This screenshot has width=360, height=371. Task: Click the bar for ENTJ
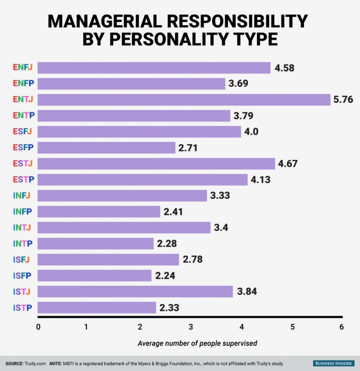(x=184, y=100)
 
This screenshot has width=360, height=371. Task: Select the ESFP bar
(x=106, y=147)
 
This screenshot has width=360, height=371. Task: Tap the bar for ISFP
(x=94, y=275)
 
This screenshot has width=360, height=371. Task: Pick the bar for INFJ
(x=122, y=196)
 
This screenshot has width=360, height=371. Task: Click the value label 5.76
(x=343, y=100)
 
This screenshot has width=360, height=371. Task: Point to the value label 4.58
(x=284, y=68)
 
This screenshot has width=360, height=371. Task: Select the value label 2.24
(x=165, y=276)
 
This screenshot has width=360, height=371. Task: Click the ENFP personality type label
(x=23, y=84)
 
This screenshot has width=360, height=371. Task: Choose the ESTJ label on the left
(x=23, y=164)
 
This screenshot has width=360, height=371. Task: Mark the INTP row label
(x=23, y=243)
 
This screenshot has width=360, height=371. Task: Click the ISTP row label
(x=23, y=307)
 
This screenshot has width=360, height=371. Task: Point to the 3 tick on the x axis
(x=191, y=327)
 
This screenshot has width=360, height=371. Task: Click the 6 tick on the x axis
(x=342, y=327)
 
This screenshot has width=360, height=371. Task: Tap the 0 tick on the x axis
(x=38, y=327)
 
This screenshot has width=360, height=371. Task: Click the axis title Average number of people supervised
(x=197, y=343)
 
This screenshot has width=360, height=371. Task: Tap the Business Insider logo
(x=333, y=363)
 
